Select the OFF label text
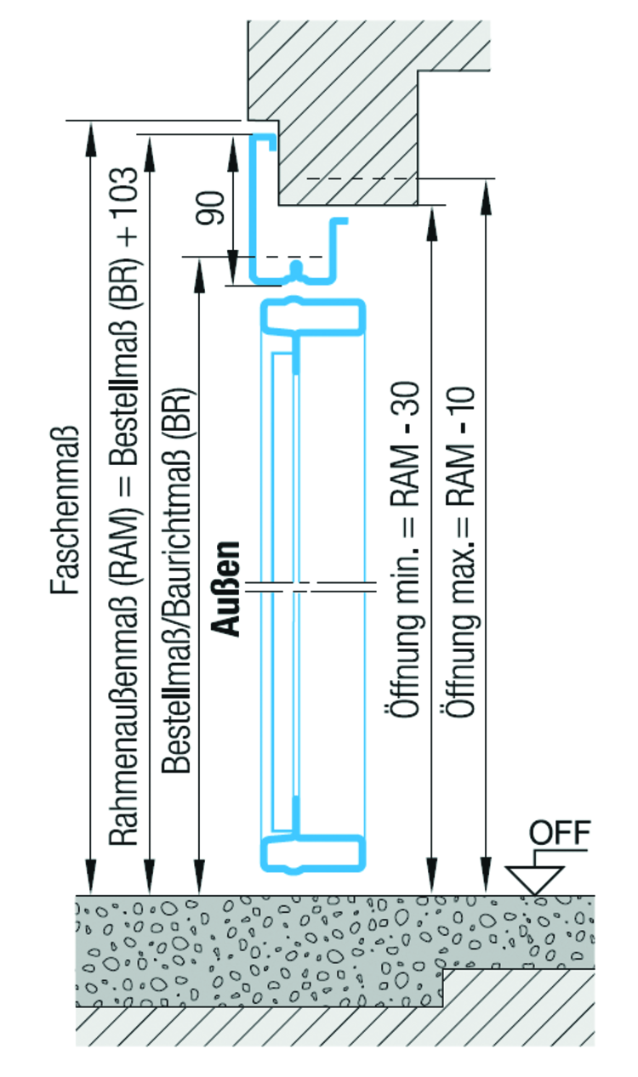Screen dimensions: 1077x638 tap(559, 831)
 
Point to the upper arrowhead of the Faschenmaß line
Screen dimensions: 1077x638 tap(91, 131)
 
